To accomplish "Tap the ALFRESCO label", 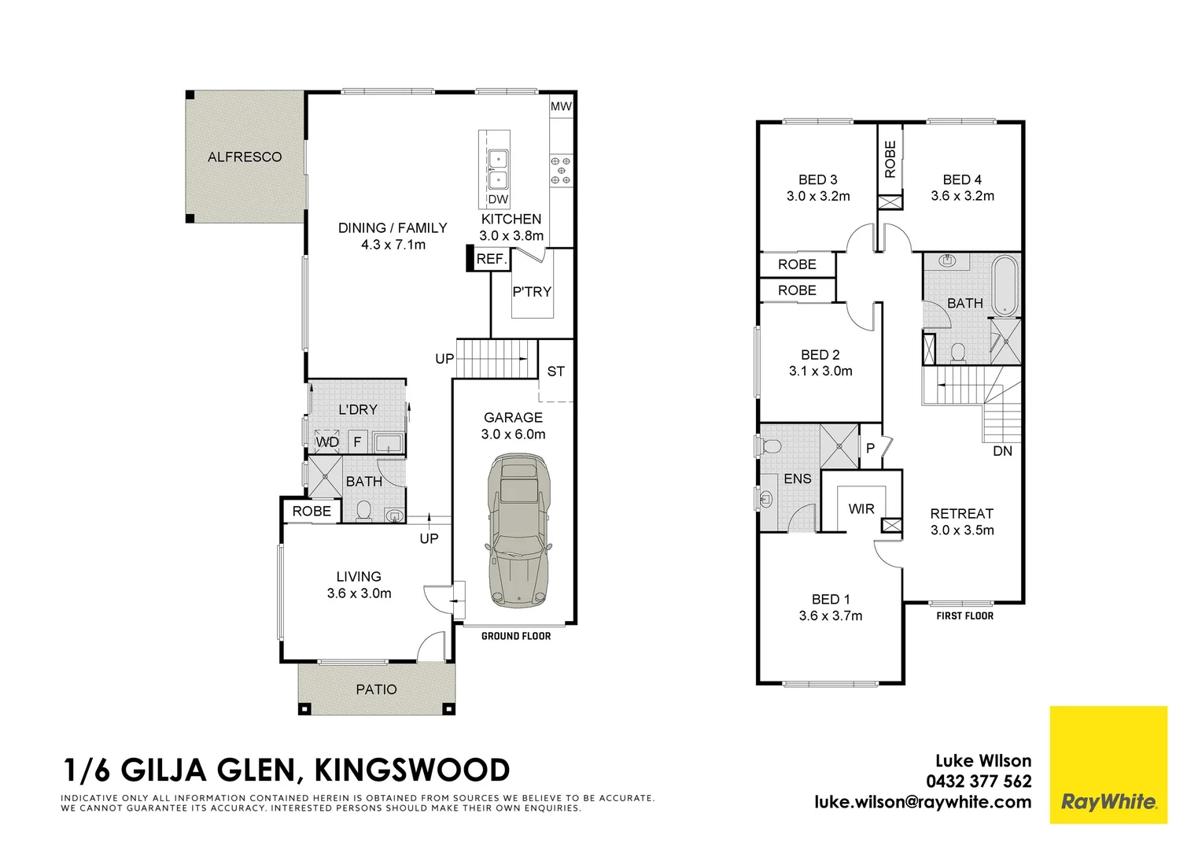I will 245,157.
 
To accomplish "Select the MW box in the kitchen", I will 561,106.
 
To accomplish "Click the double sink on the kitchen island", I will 497,169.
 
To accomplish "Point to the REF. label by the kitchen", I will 491,259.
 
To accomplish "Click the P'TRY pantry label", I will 532,291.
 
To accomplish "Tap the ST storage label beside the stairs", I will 555,371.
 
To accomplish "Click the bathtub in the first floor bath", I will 1005,285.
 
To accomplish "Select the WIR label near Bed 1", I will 861,508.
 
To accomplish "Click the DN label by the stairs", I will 1002,451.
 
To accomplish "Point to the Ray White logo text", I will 1108,802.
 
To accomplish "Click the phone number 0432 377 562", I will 979,781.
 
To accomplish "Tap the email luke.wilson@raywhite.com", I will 923,802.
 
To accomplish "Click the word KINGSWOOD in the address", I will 412,770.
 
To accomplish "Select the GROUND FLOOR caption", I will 516,636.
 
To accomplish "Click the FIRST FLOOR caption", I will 964,615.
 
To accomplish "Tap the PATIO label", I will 376,689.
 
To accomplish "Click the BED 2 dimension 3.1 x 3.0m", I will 820,371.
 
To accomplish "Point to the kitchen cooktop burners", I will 561,170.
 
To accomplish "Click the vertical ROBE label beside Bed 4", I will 890,159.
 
